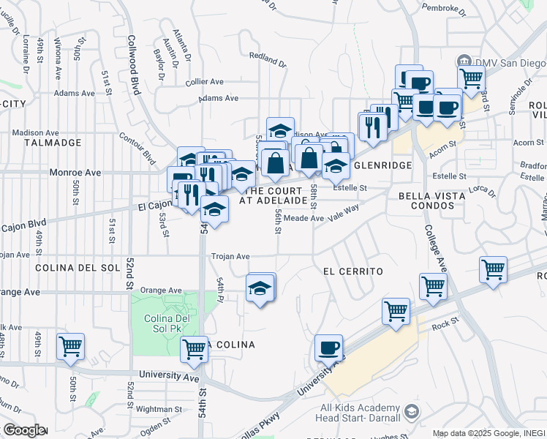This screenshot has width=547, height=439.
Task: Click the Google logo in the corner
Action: pyautogui.click(x=23, y=429)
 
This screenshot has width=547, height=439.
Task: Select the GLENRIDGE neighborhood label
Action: pyautogui.click(x=382, y=166)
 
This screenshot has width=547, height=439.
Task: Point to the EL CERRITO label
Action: pyautogui.click(x=353, y=271)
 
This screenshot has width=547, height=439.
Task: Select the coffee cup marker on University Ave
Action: pyautogui.click(x=329, y=348)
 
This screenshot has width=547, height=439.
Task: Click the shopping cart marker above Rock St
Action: pyautogui.click(x=396, y=311)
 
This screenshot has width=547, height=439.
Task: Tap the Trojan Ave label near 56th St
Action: pyautogui.click(x=230, y=257)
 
